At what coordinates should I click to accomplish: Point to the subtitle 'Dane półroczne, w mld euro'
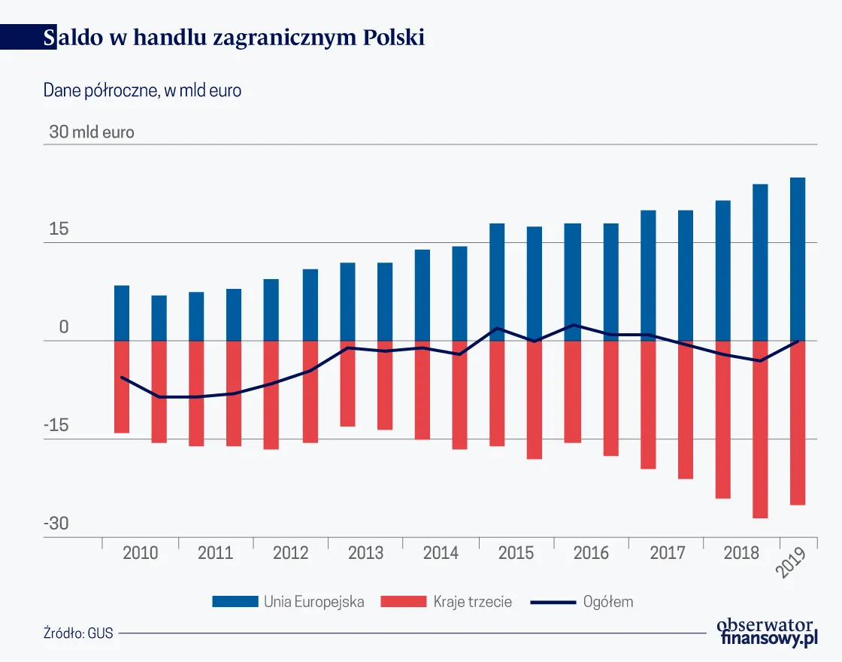point(142,90)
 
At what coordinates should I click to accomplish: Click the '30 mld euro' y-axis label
point(92,132)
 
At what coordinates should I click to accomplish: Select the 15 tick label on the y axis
point(59,229)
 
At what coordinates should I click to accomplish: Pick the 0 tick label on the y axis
point(64,328)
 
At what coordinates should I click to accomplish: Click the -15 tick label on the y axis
point(56,426)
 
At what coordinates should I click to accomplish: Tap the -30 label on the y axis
point(56,524)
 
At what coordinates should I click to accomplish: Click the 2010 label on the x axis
point(140,554)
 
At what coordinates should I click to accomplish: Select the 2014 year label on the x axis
point(441,554)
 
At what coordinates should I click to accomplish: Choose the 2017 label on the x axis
point(666,554)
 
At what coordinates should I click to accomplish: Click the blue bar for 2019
point(798,260)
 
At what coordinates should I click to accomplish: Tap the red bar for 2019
point(798,423)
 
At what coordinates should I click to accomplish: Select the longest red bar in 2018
point(760,430)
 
